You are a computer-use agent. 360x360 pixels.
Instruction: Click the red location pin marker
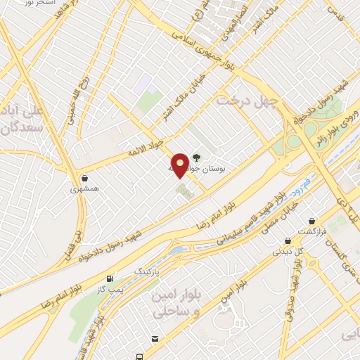click(x=181, y=165)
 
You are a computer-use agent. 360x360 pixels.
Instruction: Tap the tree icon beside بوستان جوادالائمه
click(x=196, y=158)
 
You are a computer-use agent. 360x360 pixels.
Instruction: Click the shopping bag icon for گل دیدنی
click(x=278, y=239)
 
